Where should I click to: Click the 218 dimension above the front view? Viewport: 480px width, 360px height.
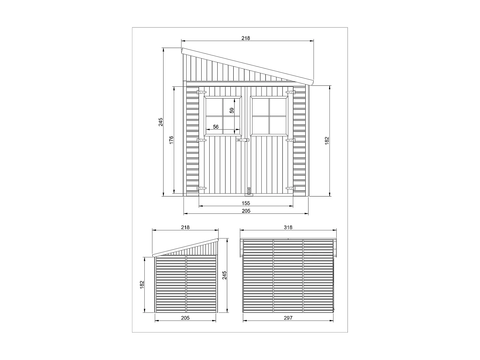pyautogui.click(x=245, y=38)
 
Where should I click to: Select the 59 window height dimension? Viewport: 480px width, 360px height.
pyautogui.click(x=232, y=111)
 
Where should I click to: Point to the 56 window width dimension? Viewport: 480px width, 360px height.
pyautogui.click(x=216, y=127)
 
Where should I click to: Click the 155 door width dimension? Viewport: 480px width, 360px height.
pyautogui.click(x=246, y=203)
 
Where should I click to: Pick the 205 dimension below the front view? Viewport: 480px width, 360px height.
pyautogui.click(x=246, y=211)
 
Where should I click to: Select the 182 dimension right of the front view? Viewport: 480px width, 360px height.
pyautogui.click(x=327, y=140)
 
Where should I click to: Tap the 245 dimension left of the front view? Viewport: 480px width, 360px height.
pyautogui.click(x=161, y=122)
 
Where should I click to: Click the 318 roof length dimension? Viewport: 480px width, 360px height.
pyautogui.click(x=288, y=227)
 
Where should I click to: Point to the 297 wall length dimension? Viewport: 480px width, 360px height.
pyautogui.click(x=288, y=318)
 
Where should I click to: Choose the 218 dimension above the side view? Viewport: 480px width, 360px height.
pyautogui.click(x=185, y=227)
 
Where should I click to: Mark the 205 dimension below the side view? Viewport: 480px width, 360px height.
pyautogui.click(x=185, y=318)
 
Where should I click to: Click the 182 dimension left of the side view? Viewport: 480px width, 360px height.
pyautogui.click(x=142, y=285)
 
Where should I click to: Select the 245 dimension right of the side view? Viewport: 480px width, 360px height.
pyautogui.click(x=225, y=275)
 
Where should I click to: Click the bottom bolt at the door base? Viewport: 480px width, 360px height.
pyautogui.click(x=248, y=191)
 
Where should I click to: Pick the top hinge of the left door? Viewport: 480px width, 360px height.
pyautogui.click(x=201, y=92)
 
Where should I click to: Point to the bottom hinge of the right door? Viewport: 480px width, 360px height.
pyautogui.click(x=291, y=188)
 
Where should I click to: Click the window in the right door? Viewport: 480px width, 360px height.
pyautogui.click(x=269, y=116)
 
